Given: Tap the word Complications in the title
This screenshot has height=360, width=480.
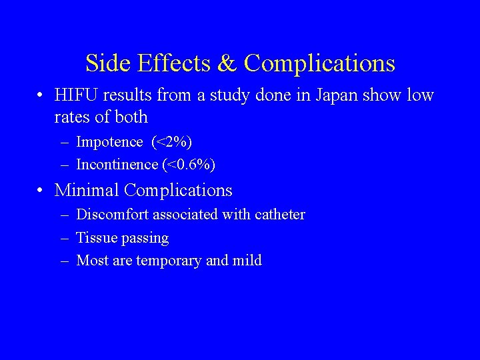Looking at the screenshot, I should pos(319,63).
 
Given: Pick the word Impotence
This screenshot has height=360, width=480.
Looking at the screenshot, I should pos(110,142).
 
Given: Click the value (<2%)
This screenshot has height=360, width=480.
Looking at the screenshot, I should pos(172,142).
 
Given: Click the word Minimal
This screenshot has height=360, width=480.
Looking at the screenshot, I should pos(87,190).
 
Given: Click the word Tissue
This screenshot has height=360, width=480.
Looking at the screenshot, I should pos(95,238).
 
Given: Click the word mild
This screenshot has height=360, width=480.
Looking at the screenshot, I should pos(247,260).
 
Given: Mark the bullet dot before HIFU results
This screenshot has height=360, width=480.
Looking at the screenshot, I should pos(41,96).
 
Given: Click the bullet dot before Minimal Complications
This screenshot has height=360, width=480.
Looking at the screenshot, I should pos(41,191).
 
